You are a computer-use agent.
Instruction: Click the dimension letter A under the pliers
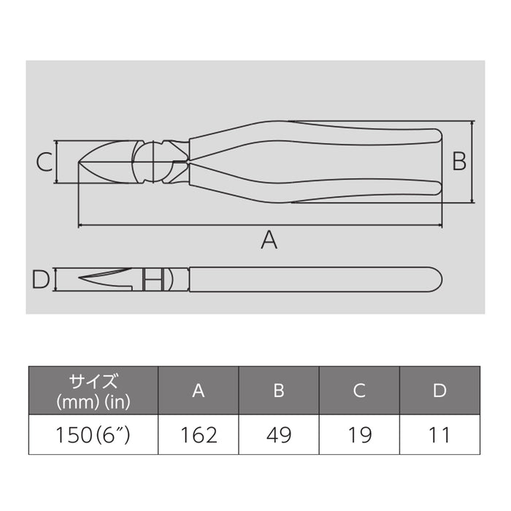(269, 239)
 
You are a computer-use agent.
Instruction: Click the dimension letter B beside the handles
(458, 161)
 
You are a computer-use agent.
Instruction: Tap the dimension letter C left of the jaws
(45, 161)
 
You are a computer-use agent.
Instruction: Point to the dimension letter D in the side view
(42, 278)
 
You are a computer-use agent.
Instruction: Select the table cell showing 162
(198, 435)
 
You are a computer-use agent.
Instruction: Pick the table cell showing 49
(278, 435)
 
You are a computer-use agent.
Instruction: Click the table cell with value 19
(358, 435)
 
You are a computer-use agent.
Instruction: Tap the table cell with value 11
(439, 435)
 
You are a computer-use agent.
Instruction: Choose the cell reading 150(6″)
(94, 435)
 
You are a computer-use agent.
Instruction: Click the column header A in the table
(198, 391)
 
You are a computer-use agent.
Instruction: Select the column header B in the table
(278, 391)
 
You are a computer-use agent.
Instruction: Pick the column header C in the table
(358, 391)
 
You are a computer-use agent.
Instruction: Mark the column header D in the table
(439, 391)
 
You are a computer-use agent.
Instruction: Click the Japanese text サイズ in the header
(94, 381)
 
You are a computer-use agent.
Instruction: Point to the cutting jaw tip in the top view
(84, 162)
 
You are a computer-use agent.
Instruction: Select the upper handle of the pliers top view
(314, 136)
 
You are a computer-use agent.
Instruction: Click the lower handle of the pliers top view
(314, 186)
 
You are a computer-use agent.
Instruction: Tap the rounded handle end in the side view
(435, 279)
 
